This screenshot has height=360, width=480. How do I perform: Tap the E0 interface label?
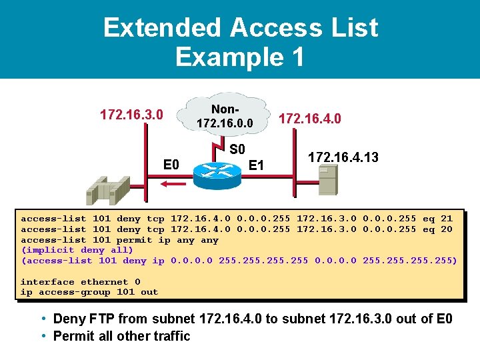coord(172,164)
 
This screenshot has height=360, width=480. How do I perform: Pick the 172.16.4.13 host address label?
coord(343,157)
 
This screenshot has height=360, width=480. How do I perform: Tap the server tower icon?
coord(327,179)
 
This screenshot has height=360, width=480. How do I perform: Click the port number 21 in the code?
coord(446,219)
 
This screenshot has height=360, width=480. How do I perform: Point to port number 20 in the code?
coord(446,229)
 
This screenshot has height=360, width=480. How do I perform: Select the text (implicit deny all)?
coord(77,250)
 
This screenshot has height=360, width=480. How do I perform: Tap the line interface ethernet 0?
coord(80,282)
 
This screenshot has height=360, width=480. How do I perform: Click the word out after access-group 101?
coord(149,292)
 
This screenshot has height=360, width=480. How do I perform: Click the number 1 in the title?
coord(295,57)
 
